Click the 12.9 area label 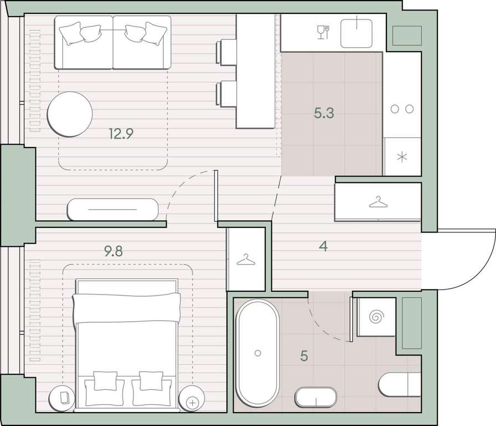coord(121,134)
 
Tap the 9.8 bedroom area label coord(113,251)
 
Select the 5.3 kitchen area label coord(324,113)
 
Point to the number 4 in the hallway coord(323,246)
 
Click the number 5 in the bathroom coord(304,356)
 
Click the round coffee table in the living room coord(70,114)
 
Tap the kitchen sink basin coord(356,33)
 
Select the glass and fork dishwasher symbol coord(324,32)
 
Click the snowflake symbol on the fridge coord(402,157)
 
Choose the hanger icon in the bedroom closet coord(246,260)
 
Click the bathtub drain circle coord(257,353)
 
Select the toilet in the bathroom coord(400,384)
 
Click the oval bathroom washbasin coord(316,397)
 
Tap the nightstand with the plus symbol coord(192,399)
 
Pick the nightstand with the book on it coord(63,399)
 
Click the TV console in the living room coord(112,210)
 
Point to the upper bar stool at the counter coord(226,52)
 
